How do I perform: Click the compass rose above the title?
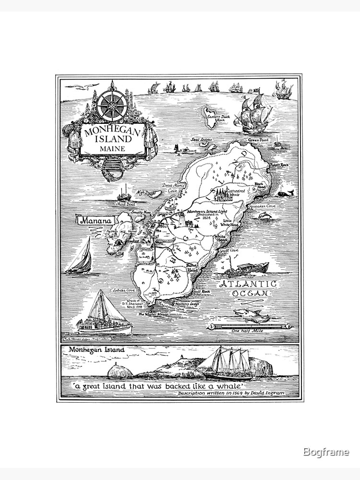[111, 105]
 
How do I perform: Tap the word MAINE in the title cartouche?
[112, 149]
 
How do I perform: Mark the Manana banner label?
[94, 221]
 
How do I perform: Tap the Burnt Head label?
[192, 268]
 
